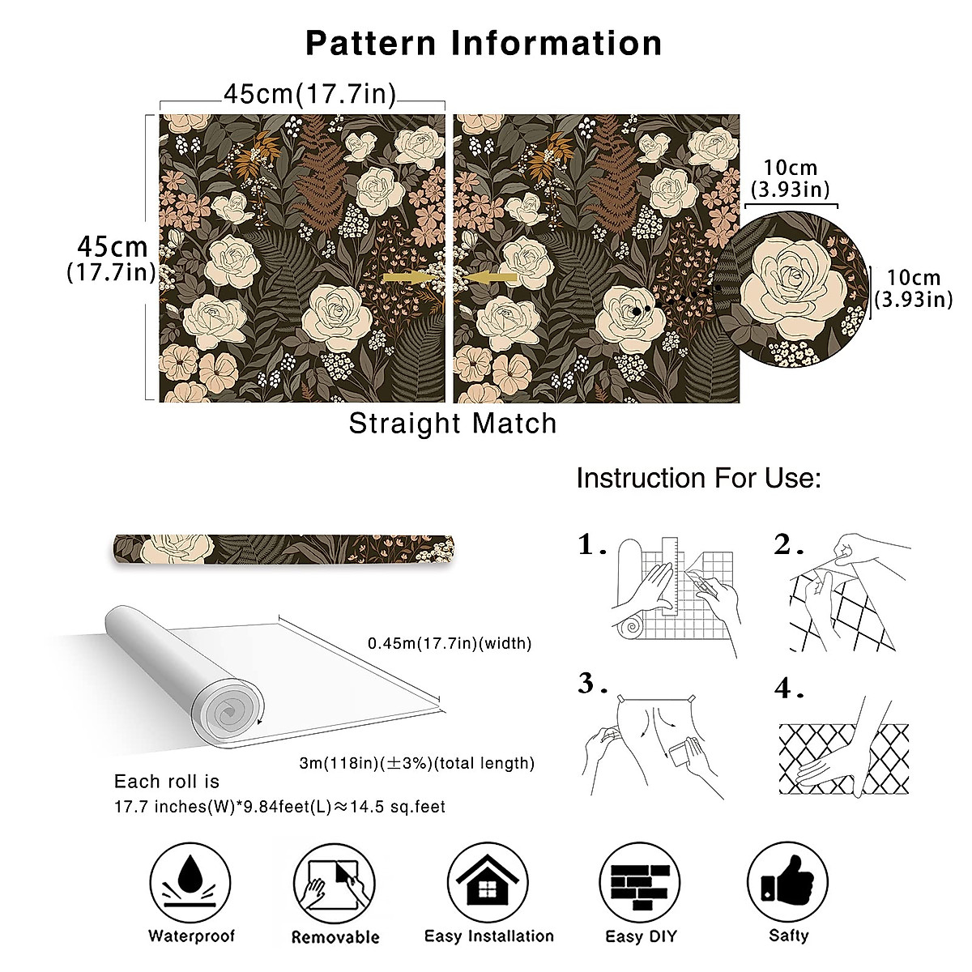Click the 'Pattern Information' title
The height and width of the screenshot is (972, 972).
[x=484, y=43]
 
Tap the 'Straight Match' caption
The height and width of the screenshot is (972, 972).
[x=453, y=424]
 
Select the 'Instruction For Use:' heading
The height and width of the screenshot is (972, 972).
[x=698, y=479]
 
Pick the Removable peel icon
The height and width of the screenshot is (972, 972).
[x=335, y=884]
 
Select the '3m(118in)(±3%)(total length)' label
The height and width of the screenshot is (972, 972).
[x=417, y=763]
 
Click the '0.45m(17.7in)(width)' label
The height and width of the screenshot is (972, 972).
[x=450, y=644]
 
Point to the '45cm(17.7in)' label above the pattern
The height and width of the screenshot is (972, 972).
[x=310, y=95]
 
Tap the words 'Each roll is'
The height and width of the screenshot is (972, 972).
[x=167, y=782]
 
